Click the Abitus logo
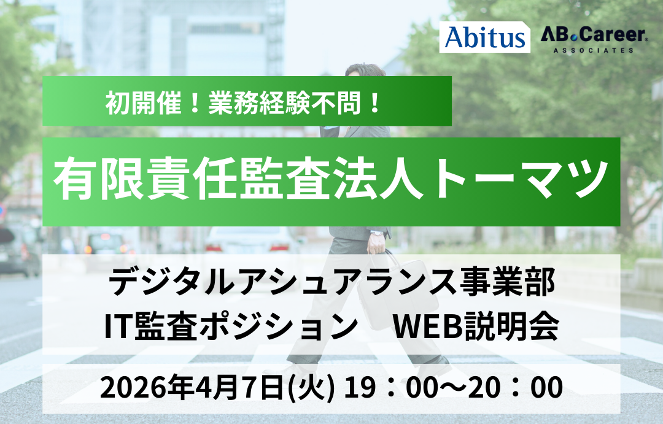click(x=484, y=37)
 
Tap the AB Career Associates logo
click(x=593, y=40)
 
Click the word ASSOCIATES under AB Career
click(x=593, y=50)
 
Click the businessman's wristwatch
click(x=377, y=232)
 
